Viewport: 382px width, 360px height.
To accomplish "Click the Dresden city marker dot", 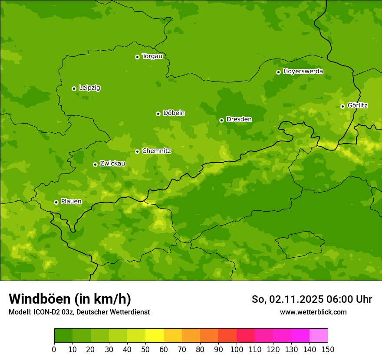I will [x=221, y=120].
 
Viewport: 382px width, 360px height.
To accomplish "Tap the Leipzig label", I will [x=89, y=88].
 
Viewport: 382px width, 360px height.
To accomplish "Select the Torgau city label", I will [x=152, y=56].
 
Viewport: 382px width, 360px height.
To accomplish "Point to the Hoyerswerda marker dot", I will [x=278, y=72].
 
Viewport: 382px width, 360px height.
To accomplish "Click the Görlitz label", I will [x=358, y=105].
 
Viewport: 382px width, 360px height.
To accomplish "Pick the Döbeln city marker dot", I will [x=158, y=114].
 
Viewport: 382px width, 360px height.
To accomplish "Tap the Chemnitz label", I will [x=156, y=151].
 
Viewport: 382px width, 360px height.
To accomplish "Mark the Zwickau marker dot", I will [x=95, y=164].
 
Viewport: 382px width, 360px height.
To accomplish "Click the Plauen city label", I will [x=71, y=202].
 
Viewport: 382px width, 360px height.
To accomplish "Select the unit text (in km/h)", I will [x=102, y=299].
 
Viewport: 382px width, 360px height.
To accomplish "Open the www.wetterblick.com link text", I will [x=313, y=312].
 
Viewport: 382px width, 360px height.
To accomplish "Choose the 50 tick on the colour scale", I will [x=145, y=349].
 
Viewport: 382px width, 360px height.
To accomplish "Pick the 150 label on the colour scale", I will [x=328, y=349].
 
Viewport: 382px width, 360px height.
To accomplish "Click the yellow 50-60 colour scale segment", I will [x=155, y=336].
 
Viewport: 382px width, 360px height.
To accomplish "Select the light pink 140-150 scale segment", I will [x=319, y=336].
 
